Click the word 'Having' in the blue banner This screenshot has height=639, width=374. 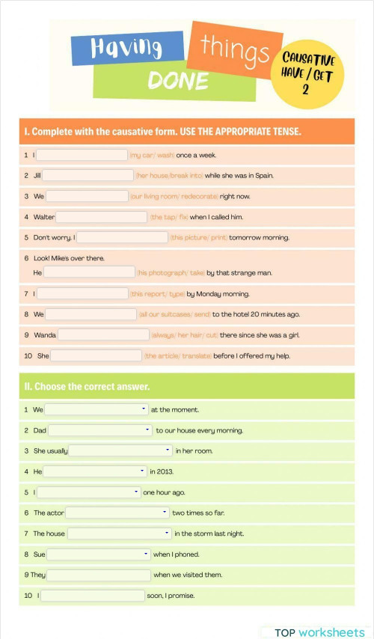point(126,48)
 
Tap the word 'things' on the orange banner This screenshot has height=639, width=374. point(234,49)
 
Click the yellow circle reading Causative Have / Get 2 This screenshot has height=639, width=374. point(308,73)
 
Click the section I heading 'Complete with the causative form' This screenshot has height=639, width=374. point(162,132)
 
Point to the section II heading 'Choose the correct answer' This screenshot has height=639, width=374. point(88,387)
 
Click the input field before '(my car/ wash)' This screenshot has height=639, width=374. point(82,155)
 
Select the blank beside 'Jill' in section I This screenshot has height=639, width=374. point(88,175)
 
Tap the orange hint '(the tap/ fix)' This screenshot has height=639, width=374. point(168,217)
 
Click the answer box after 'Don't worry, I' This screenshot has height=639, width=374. point(122,237)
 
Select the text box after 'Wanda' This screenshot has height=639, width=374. point(103,334)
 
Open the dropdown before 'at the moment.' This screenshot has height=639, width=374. point(96,409)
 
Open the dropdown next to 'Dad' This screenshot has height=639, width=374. point(100,430)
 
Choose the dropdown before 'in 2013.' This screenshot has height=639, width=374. point(95,471)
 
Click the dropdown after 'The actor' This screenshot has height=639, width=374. point(117,513)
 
